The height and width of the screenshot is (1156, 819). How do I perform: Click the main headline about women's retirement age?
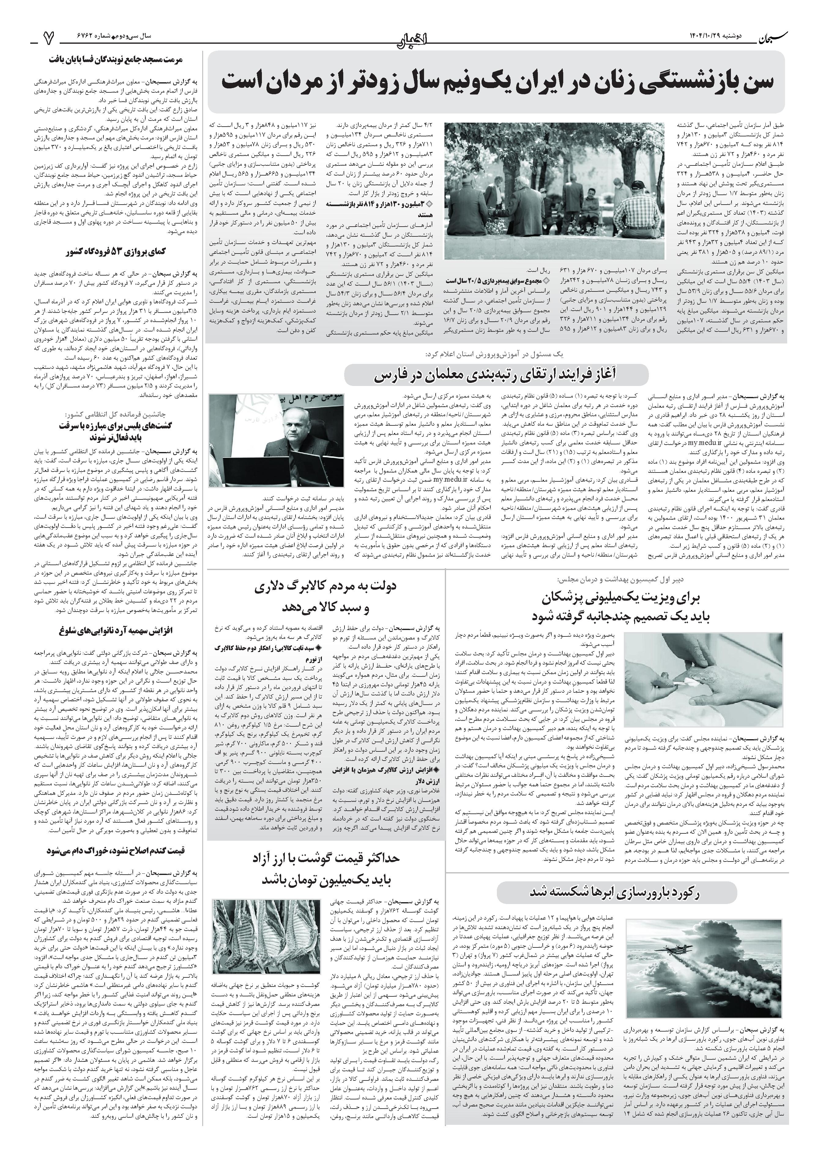[497, 83]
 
